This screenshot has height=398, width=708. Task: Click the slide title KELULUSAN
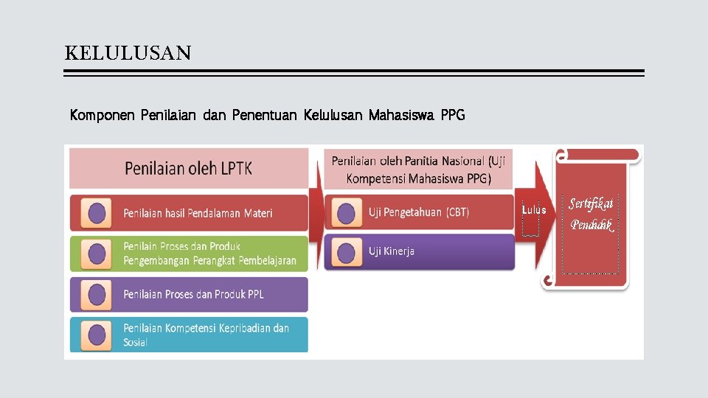[128, 53]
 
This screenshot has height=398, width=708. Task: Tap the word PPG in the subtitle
[452, 116]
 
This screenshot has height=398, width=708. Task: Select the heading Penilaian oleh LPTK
[188, 168]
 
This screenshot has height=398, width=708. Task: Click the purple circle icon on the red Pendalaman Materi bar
[97, 213]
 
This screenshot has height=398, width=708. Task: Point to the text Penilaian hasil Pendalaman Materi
[198, 213]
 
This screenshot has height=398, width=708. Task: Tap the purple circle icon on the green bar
[97, 254]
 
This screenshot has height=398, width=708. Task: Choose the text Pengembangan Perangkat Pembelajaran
[209, 260]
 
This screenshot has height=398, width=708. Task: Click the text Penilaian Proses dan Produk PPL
[193, 294]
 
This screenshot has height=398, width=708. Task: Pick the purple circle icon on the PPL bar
[97, 294]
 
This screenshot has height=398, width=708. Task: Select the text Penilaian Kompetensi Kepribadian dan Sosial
[206, 335]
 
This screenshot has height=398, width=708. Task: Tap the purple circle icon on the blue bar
[97, 335]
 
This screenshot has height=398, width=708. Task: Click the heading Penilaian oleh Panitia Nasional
[418, 169]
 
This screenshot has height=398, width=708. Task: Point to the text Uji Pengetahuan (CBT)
[418, 212]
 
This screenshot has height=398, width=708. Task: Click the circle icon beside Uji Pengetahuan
[345, 213]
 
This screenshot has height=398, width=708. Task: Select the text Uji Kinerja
[392, 251]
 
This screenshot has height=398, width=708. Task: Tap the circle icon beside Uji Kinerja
[345, 252]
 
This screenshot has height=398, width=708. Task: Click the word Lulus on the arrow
[534, 210]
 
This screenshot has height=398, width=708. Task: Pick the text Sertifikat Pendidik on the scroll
[591, 214]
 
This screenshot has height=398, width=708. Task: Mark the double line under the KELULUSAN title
[354, 73]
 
